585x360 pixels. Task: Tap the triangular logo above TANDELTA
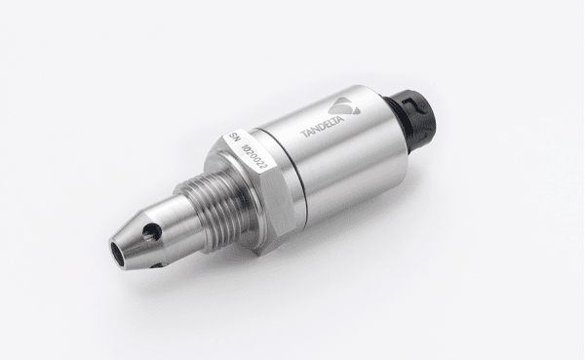click(344, 106)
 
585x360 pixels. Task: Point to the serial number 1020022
click(254, 156)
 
